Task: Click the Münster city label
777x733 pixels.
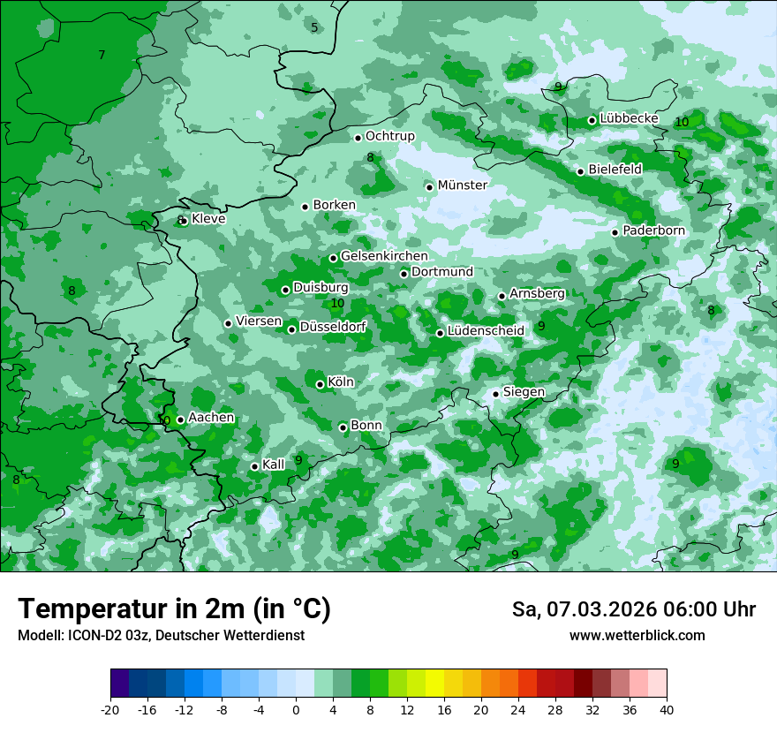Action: click(x=462, y=185)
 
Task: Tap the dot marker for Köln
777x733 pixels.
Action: click(x=320, y=384)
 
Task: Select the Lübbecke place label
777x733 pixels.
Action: click(x=629, y=118)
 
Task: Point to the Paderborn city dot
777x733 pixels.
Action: click(x=615, y=232)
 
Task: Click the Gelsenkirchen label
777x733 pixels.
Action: click(x=384, y=256)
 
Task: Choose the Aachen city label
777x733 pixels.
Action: click(x=211, y=418)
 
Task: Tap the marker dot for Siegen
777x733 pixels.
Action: click(x=495, y=394)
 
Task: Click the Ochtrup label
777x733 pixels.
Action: click(x=389, y=136)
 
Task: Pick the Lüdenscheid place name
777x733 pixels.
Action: click(x=486, y=330)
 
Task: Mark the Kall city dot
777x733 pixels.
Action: click(x=254, y=466)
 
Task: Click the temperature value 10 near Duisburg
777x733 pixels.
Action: click(x=337, y=304)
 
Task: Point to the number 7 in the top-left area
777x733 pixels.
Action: click(x=102, y=56)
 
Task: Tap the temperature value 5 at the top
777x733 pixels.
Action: click(x=314, y=27)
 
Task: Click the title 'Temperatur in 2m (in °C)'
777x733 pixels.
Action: click(x=174, y=609)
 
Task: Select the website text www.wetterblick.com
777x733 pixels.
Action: click(x=637, y=636)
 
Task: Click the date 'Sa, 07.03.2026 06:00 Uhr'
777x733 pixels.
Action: click(x=633, y=609)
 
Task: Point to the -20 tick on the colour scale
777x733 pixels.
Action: click(x=110, y=709)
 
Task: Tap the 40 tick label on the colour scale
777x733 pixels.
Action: click(x=667, y=709)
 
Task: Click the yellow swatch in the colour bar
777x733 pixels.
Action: click(x=434, y=684)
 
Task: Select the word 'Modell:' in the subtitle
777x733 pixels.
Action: click(x=40, y=636)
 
